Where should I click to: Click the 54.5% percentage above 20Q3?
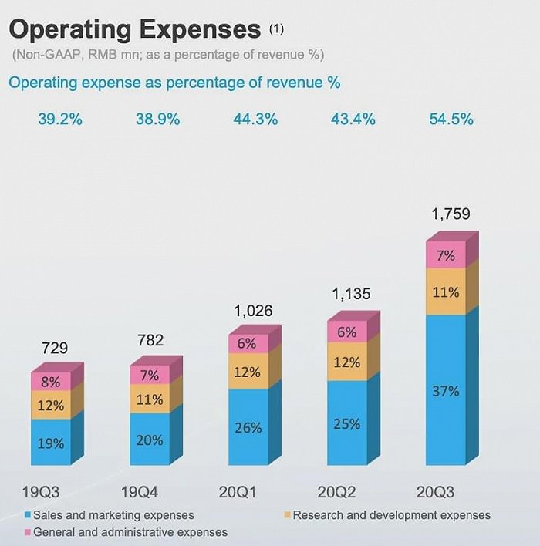[x=451, y=120]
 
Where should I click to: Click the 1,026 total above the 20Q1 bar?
[x=251, y=312]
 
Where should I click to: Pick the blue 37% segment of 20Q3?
[x=445, y=391]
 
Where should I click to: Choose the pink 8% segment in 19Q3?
[x=51, y=382]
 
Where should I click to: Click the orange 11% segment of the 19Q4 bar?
[x=150, y=399]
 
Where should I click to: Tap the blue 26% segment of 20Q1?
[x=248, y=427]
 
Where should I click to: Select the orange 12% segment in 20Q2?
[x=347, y=361]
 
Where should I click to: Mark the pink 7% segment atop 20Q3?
[x=445, y=256]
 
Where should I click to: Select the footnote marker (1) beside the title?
[x=276, y=29]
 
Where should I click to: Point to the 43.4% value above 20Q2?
[x=353, y=120]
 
